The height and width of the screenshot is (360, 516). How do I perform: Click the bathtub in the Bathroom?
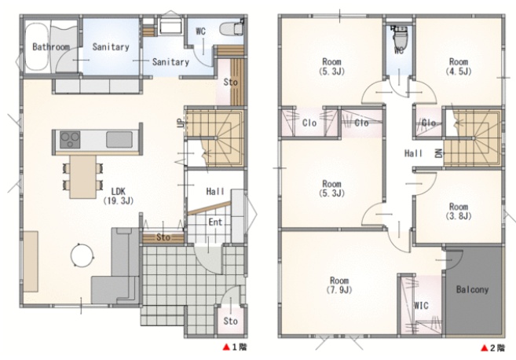(x=37, y=46)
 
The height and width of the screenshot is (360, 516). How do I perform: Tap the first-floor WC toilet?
(x=232, y=28)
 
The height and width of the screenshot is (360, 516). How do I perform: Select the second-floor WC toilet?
(x=399, y=37)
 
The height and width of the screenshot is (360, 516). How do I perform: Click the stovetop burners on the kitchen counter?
(x=70, y=140)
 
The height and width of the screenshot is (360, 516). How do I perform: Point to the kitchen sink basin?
(x=119, y=140)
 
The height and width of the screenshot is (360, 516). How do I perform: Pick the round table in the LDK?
(x=82, y=255)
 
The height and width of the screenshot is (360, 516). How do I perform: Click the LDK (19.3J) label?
(x=119, y=196)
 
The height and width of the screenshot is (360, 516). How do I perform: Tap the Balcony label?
(x=472, y=290)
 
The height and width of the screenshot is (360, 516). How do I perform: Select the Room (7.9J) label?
(x=339, y=285)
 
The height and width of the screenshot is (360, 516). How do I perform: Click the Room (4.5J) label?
(x=459, y=66)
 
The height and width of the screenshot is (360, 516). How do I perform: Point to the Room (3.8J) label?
(x=459, y=211)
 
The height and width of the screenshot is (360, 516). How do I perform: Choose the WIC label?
(x=421, y=305)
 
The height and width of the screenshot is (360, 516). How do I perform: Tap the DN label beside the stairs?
(x=439, y=153)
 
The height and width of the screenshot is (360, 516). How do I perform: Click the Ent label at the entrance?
(x=215, y=222)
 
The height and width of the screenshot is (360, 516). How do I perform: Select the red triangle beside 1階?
(x=226, y=347)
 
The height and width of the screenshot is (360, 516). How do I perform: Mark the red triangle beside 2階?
(x=484, y=347)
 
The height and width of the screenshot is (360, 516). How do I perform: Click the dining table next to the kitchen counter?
(x=83, y=177)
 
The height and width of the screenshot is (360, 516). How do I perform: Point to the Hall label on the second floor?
(x=413, y=153)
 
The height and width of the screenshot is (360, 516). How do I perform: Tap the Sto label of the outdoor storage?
(x=230, y=321)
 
